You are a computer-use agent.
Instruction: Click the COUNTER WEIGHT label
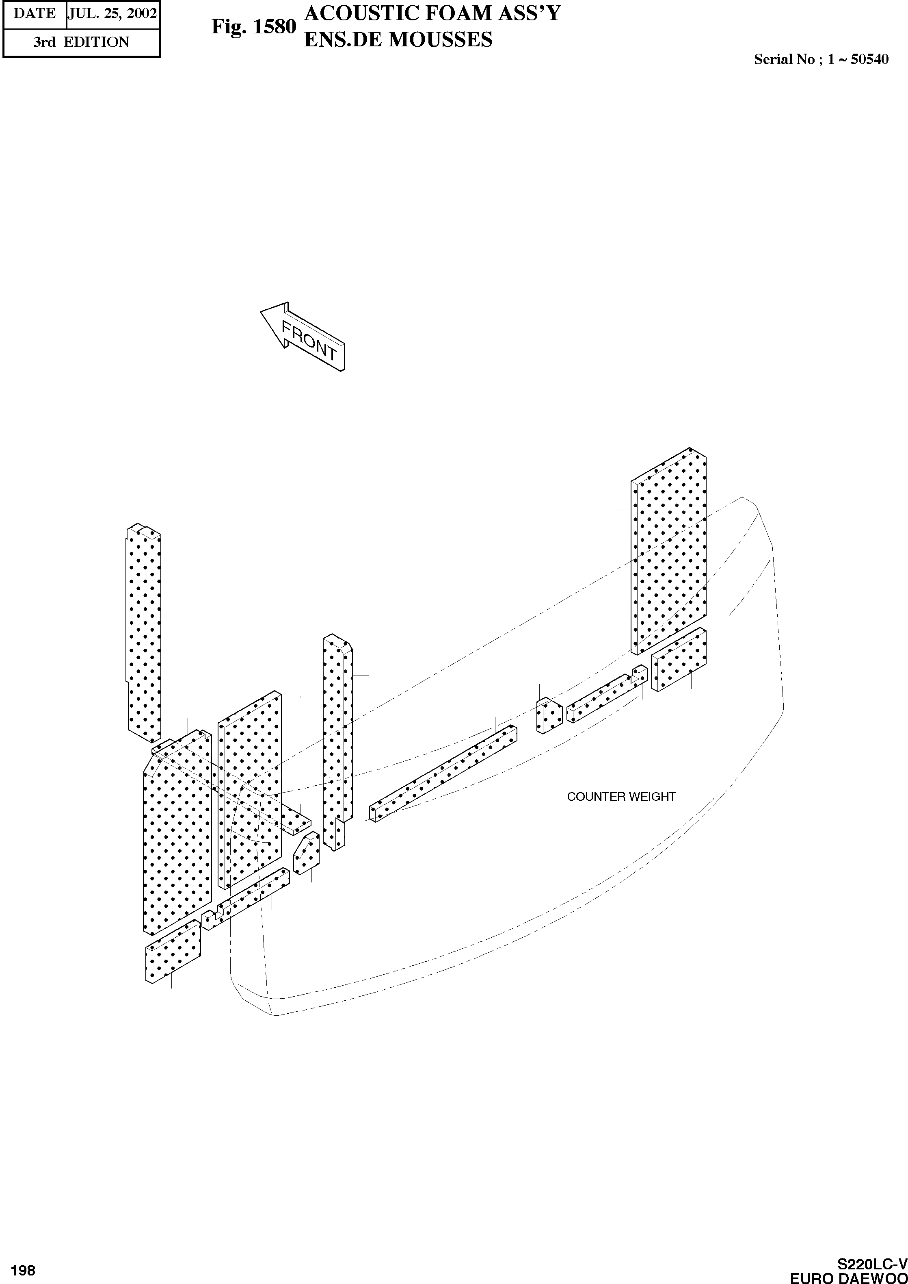click(621, 797)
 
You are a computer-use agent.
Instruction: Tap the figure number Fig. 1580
click(253, 27)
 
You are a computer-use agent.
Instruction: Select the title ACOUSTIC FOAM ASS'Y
click(432, 13)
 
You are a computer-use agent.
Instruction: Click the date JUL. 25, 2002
click(112, 13)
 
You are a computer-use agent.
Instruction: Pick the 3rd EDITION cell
click(81, 42)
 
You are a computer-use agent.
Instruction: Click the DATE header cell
click(35, 13)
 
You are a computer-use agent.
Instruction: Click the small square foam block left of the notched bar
click(549, 716)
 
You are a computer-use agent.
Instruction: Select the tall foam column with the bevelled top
click(337, 739)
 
